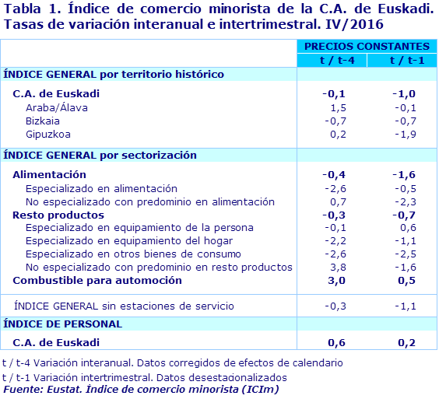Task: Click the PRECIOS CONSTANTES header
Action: pos(366,47)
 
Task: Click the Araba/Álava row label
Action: pos(57,107)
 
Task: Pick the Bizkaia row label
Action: pos(43,121)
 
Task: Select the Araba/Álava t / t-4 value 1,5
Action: pos(339,107)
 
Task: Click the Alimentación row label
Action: pos(50,175)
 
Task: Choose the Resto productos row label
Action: pos(58,215)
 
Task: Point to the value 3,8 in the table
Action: pos(339,267)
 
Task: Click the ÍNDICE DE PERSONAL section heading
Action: pos(63,324)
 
